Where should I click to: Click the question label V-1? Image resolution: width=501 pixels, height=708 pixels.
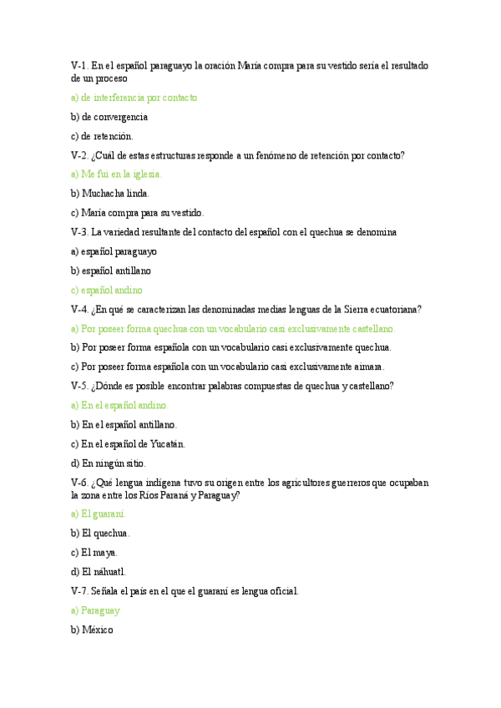[79, 65]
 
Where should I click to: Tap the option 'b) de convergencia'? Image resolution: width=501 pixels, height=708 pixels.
[109, 117]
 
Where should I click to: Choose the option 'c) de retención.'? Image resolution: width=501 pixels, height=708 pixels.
[102, 136]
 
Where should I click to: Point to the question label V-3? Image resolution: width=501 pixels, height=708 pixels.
[79, 232]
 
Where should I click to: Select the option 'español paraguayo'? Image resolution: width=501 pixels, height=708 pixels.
[119, 251]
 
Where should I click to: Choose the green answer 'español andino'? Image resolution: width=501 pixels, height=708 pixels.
[112, 290]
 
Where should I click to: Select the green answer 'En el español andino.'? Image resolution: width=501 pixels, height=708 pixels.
[124, 405]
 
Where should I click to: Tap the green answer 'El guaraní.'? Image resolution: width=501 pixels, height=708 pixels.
[104, 513]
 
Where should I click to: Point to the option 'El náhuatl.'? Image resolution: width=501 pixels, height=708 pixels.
[104, 571]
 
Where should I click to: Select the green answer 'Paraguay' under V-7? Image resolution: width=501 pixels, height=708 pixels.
[101, 610]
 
